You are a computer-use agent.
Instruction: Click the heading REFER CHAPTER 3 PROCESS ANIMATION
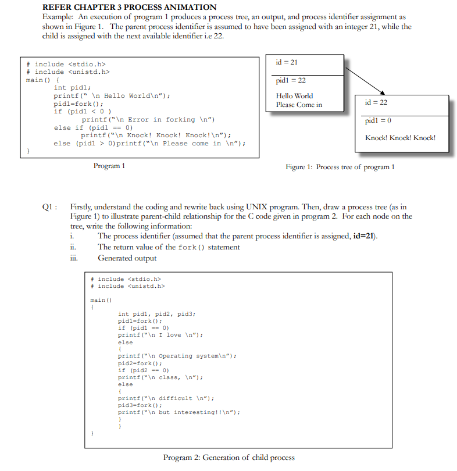[129, 7]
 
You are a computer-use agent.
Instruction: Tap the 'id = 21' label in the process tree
[287, 62]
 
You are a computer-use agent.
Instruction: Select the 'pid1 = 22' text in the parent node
[290, 80]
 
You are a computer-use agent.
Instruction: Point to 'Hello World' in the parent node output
[294, 96]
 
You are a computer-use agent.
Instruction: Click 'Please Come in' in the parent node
[298, 105]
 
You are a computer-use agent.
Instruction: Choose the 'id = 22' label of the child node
[376, 102]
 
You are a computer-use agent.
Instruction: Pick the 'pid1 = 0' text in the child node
[377, 121]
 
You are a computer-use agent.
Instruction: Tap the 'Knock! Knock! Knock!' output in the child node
[400, 138]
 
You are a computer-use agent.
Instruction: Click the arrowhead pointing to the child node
[383, 92]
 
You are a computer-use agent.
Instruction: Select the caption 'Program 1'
[109, 166]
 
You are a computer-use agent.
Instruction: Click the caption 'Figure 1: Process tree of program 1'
[340, 167]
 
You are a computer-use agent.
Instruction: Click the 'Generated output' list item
[127, 258]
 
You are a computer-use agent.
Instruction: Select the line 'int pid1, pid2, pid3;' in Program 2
[157, 314]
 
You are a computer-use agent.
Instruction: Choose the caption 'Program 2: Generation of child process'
[228, 458]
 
